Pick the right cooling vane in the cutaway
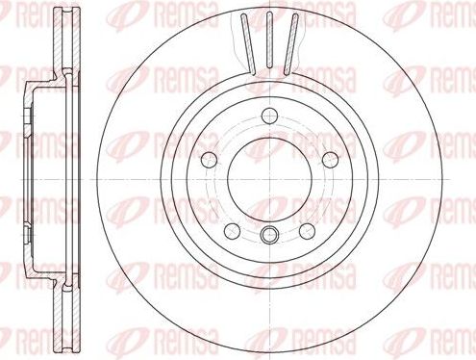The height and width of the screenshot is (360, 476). pos(289,43)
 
